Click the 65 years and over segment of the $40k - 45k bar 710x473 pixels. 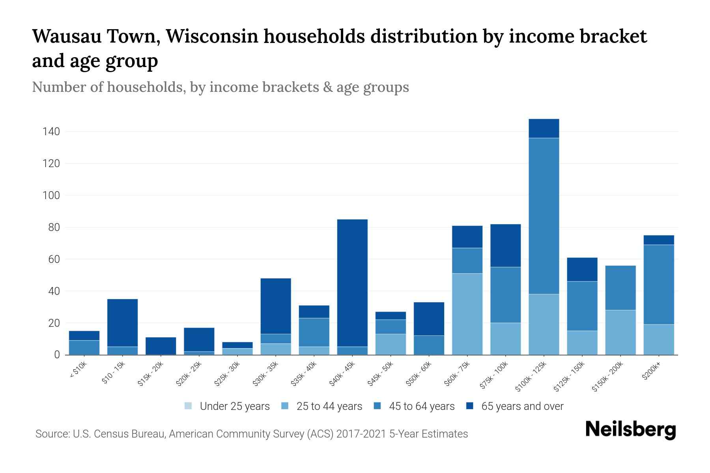click(x=352, y=284)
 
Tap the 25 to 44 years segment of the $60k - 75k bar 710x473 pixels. click(x=467, y=314)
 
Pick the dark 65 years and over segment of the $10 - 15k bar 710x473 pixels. click(x=122, y=322)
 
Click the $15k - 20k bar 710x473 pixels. click(x=161, y=346)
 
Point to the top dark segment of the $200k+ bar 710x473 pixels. click(x=658, y=240)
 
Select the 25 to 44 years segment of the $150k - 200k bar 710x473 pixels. click(x=620, y=332)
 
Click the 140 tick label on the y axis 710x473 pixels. click(x=51, y=132)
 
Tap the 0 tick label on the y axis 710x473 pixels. click(x=57, y=355)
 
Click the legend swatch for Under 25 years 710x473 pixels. click(x=189, y=406)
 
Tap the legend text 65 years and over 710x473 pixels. click(x=522, y=406)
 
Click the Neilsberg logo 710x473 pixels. click(x=630, y=429)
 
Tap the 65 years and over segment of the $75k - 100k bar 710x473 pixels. click(x=505, y=246)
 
